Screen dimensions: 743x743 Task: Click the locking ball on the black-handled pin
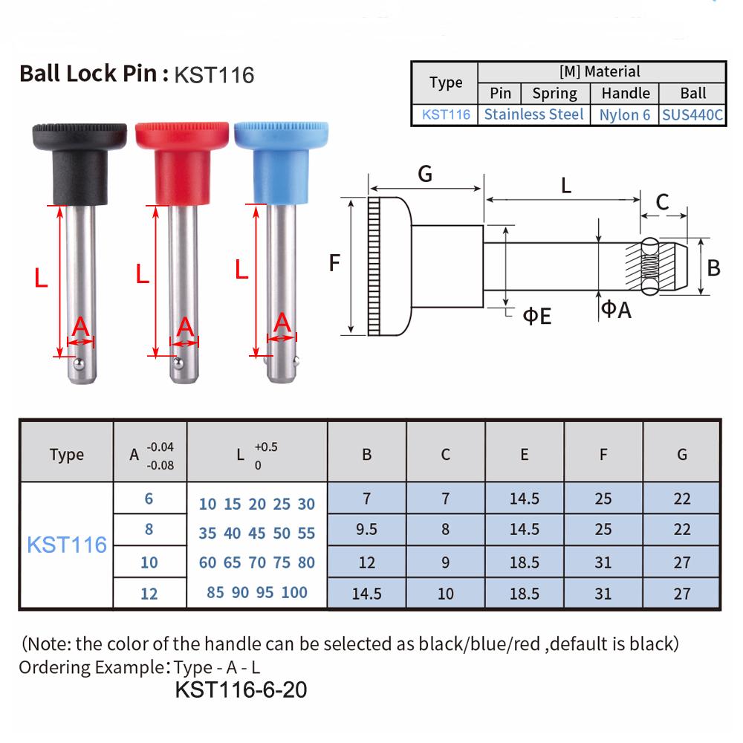pos(79,364)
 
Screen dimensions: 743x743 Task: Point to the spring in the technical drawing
pos(649,266)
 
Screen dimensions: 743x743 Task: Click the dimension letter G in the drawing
pos(425,174)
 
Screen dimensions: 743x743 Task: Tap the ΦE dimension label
pos(537,316)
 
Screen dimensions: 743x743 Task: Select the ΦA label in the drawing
pos(616,310)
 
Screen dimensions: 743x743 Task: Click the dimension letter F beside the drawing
pos(334,262)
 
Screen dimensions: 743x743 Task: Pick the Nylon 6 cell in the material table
pos(625,114)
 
